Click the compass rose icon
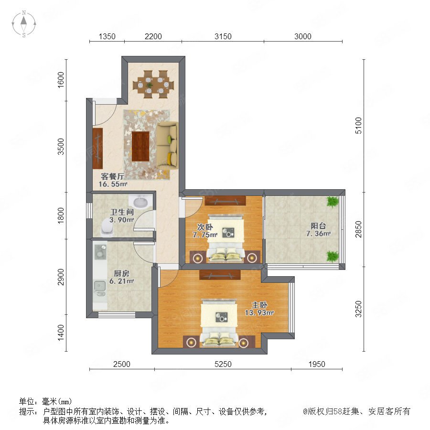click(x=24, y=24)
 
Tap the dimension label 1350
click(x=107, y=36)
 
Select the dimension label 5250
click(x=223, y=364)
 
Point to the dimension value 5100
click(x=358, y=126)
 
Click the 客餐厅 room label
click(x=112, y=176)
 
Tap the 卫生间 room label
click(x=122, y=212)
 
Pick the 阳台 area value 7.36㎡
click(x=318, y=234)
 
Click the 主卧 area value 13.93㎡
click(x=259, y=313)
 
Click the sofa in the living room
click(x=167, y=144)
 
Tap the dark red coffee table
click(x=140, y=146)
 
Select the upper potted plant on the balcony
click(x=333, y=202)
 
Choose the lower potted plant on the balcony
click(x=333, y=256)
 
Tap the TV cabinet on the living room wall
click(x=97, y=149)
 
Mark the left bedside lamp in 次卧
click(x=198, y=258)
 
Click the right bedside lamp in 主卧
click(x=244, y=343)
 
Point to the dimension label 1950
click(x=317, y=364)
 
